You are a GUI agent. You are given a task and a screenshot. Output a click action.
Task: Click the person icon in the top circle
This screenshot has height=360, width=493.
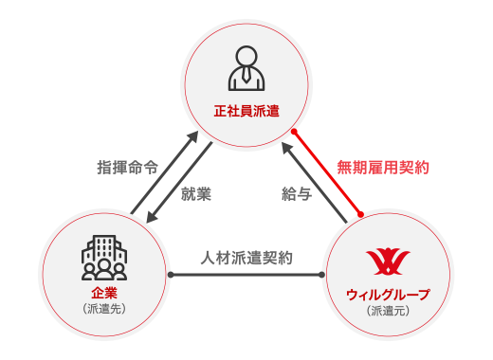246,68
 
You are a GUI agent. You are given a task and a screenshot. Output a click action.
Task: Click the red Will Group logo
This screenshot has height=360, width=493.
384,259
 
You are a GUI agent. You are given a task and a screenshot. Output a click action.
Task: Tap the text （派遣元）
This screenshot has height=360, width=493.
384,310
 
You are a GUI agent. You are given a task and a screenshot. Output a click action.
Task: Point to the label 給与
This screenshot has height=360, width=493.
296,193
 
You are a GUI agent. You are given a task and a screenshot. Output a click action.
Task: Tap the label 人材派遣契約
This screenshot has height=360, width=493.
246,257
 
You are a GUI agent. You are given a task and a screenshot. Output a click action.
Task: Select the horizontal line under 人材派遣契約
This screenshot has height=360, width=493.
246,275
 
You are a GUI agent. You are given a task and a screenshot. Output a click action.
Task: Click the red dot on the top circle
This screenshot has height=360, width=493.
295,132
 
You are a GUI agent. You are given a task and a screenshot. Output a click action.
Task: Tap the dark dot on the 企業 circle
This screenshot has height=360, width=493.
171,275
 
